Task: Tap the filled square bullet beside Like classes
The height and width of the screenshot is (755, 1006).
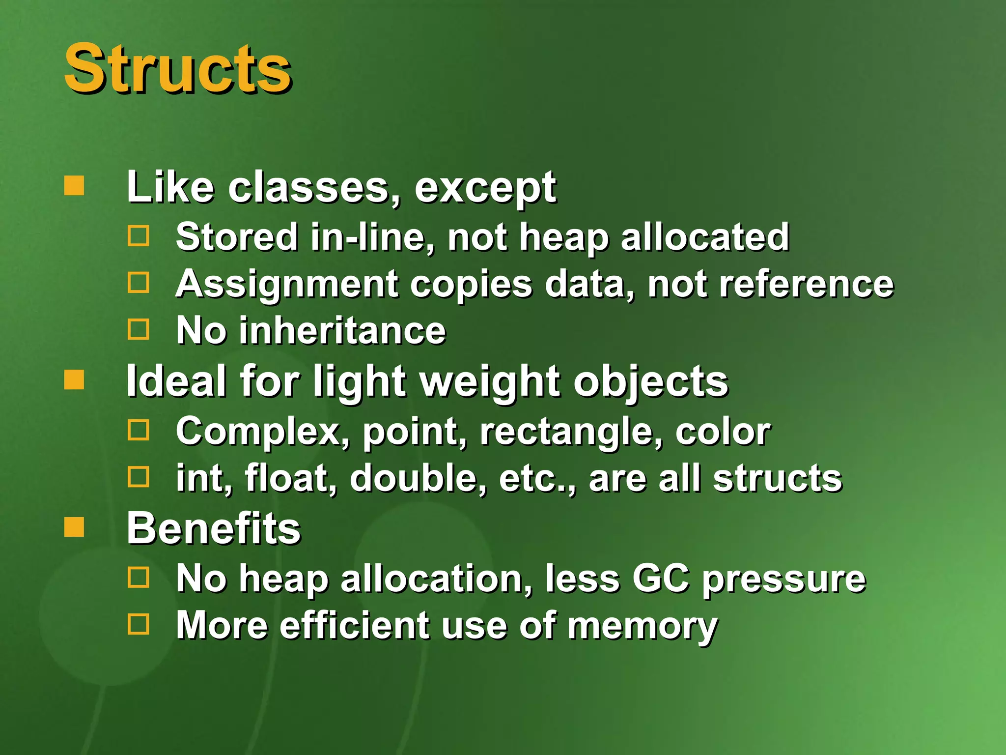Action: pyautogui.click(x=74, y=186)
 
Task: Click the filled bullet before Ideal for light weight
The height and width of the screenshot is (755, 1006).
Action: pyautogui.click(x=74, y=379)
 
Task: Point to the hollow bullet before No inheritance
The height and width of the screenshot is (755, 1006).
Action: pyautogui.click(x=138, y=329)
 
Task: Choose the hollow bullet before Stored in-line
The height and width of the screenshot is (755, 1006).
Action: pyautogui.click(x=138, y=236)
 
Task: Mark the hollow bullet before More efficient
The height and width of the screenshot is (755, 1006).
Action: pyautogui.click(x=138, y=624)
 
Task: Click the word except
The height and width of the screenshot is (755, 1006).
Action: pyautogui.click(x=485, y=189)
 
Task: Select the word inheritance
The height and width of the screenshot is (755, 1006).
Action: pyautogui.click(x=342, y=330)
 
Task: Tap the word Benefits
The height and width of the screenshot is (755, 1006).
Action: pyautogui.click(x=214, y=528)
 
